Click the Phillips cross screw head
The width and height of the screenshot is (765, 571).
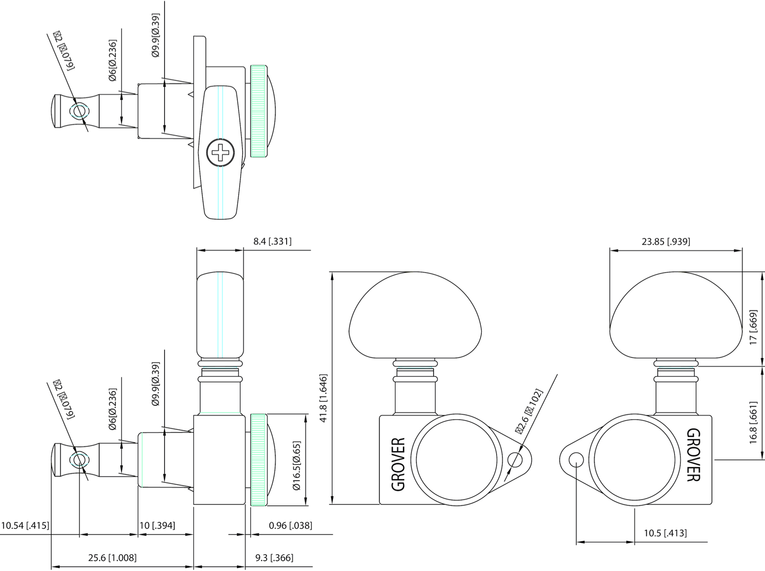(x=221, y=153)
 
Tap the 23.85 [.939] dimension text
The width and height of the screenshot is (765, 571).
(x=665, y=242)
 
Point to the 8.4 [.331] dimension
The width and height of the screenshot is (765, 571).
(x=272, y=242)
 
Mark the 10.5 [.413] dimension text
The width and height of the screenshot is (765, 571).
(x=665, y=533)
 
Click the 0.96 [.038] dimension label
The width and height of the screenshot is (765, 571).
(x=290, y=525)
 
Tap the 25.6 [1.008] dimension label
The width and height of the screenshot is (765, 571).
(x=112, y=558)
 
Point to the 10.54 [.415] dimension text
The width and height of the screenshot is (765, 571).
(x=25, y=525)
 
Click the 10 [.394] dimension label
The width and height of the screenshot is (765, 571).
(x=157, y=525)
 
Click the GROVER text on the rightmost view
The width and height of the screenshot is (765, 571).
(x=694, y=455)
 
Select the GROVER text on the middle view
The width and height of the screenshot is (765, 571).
(x=398, y=464)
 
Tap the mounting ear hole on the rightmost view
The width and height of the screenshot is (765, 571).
(x=577, y=460)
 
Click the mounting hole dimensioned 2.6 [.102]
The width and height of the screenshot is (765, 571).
(x=516, y=460)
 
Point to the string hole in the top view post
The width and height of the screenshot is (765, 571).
(x=79, y=111)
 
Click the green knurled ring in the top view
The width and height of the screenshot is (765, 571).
(x=258, y=111)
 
